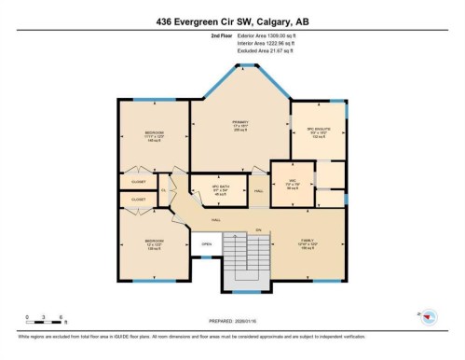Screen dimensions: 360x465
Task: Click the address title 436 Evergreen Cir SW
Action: click(232, 21)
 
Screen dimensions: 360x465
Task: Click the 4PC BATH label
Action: click(221, 187)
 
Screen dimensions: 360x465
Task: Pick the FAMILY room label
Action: click(308, 240)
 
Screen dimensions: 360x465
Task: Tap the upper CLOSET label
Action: click(138, 182)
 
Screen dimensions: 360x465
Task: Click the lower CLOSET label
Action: click(138, 199)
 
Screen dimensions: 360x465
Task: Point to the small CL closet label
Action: click(163, 189)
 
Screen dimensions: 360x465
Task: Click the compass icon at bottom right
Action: click(428, 316)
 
